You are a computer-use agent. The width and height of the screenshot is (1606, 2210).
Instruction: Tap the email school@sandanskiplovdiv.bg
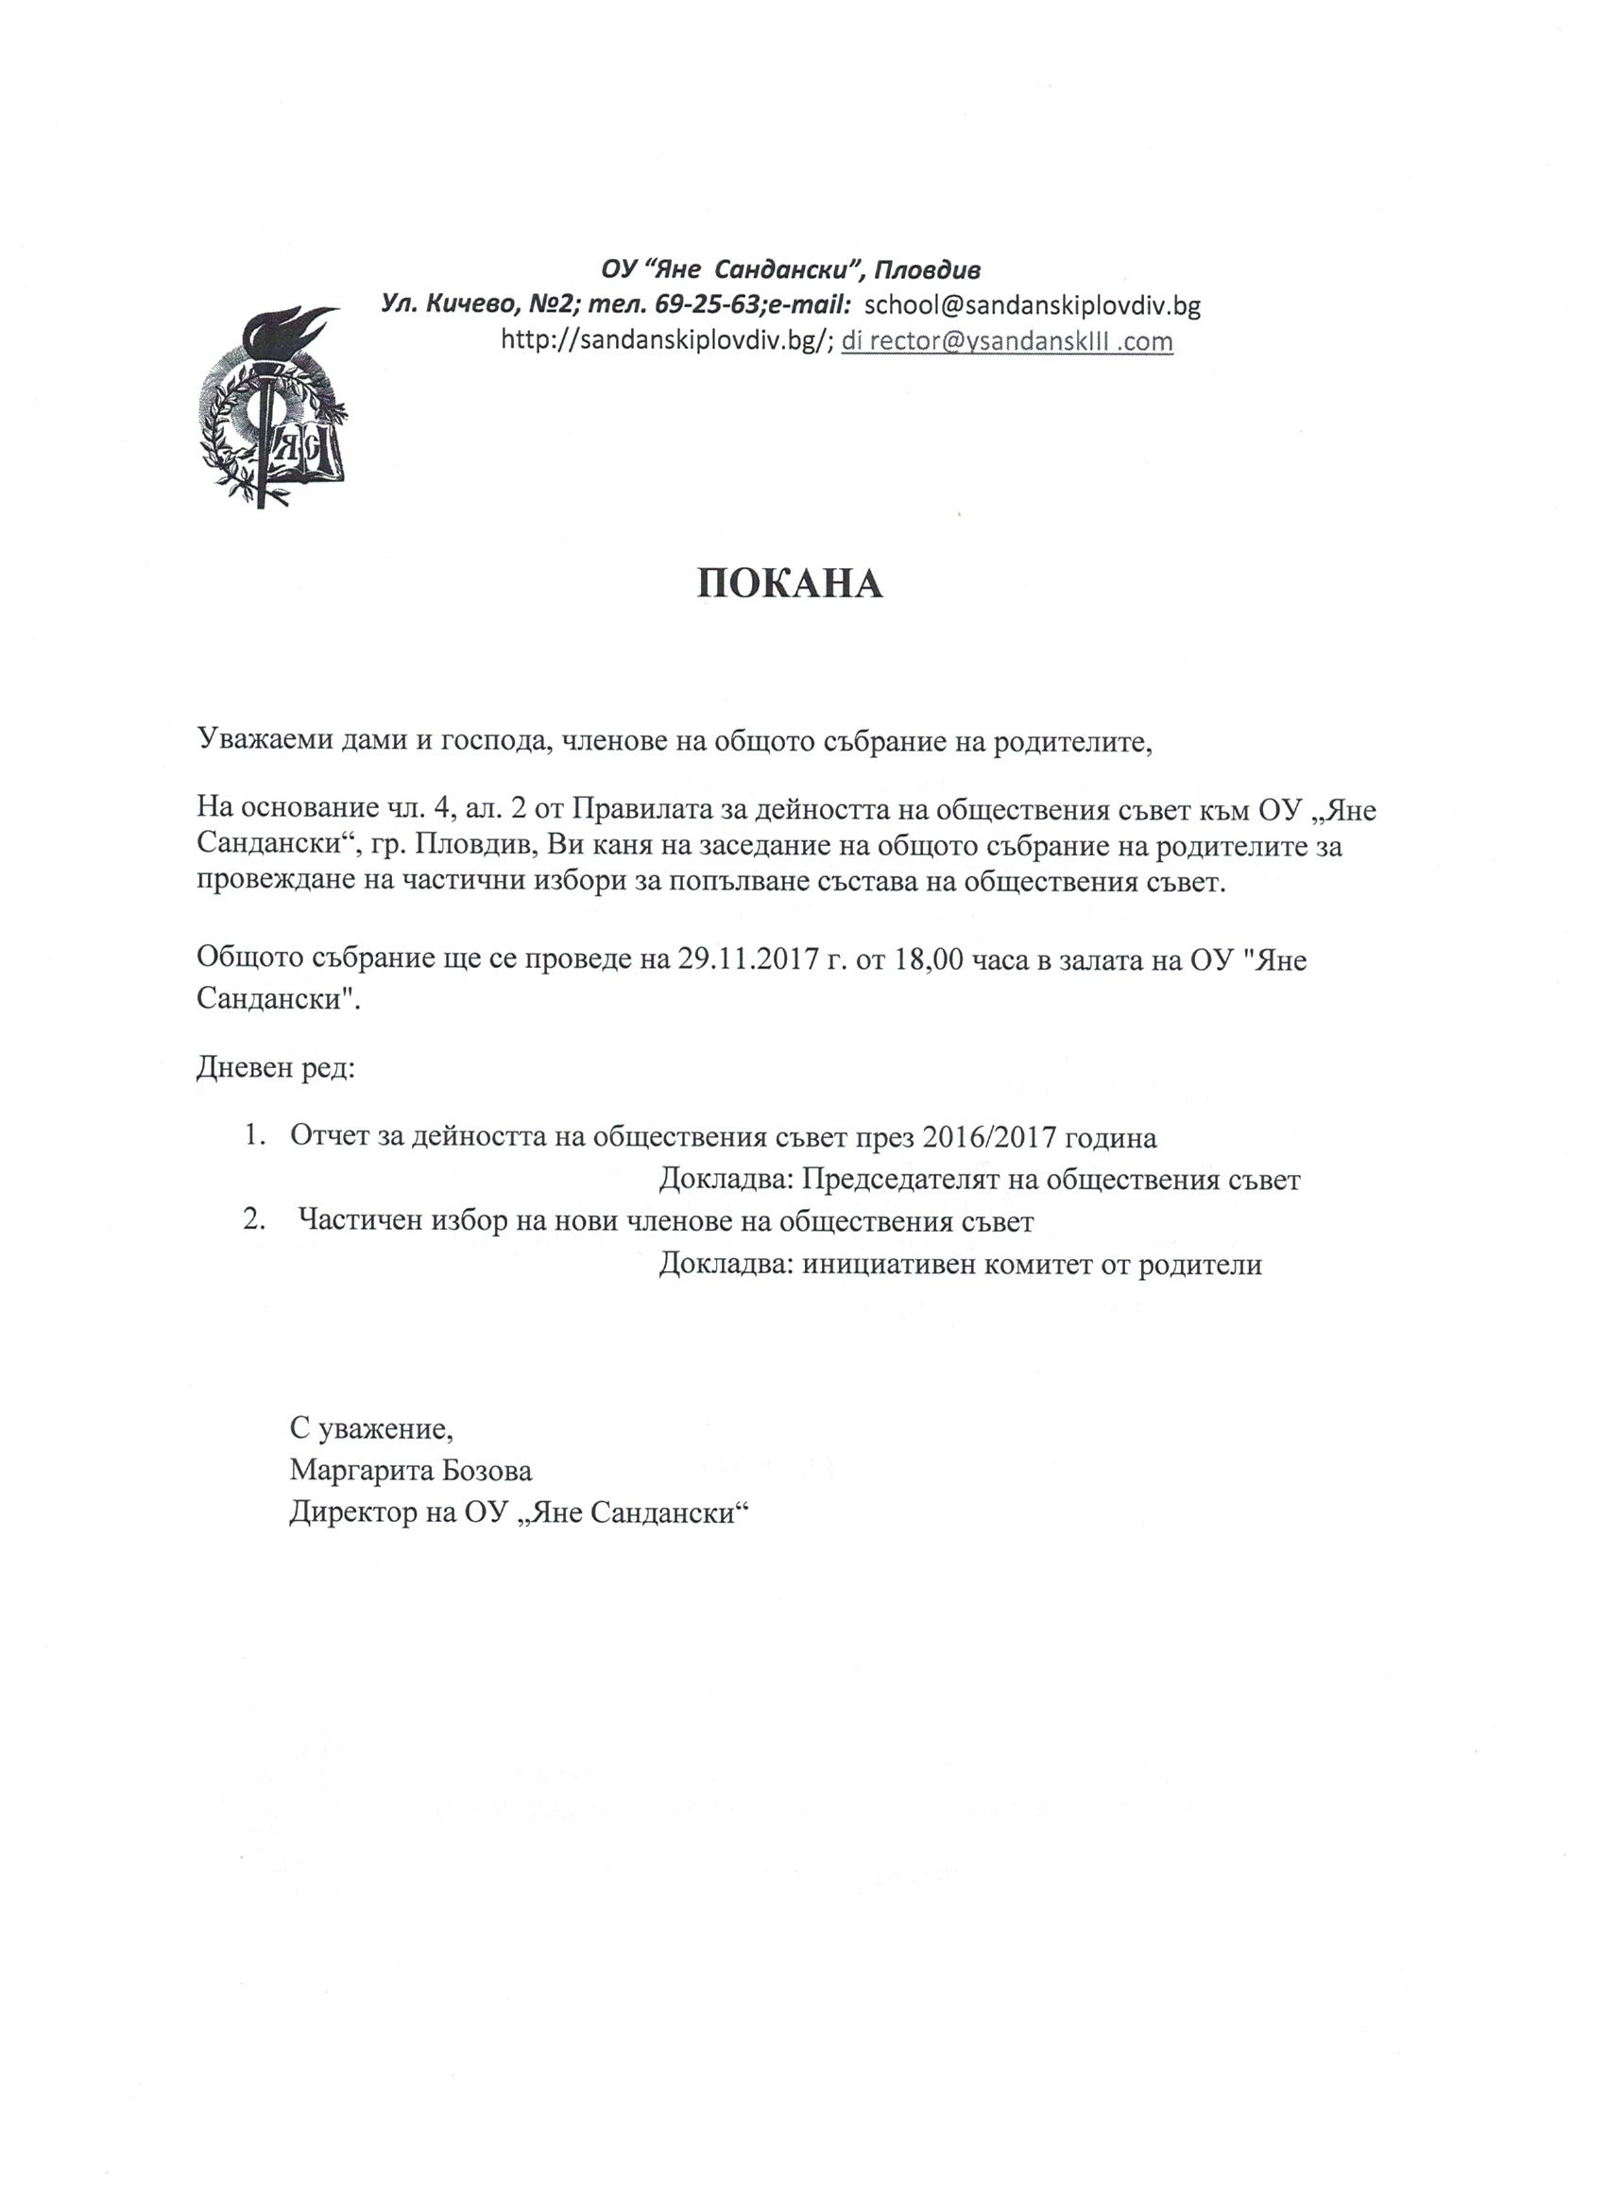[x=1033, y=305]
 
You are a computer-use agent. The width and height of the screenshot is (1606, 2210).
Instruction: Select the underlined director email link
[x=1007, y=341]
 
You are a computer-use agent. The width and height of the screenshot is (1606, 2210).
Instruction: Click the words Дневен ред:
[x=276, y=1069]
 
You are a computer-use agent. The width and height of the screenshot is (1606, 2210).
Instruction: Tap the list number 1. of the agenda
[x=255, y=1137]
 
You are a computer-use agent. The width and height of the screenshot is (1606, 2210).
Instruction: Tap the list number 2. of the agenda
[x=255, y=1221]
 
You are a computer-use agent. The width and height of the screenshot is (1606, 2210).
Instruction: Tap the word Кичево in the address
[x=465, y=305]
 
